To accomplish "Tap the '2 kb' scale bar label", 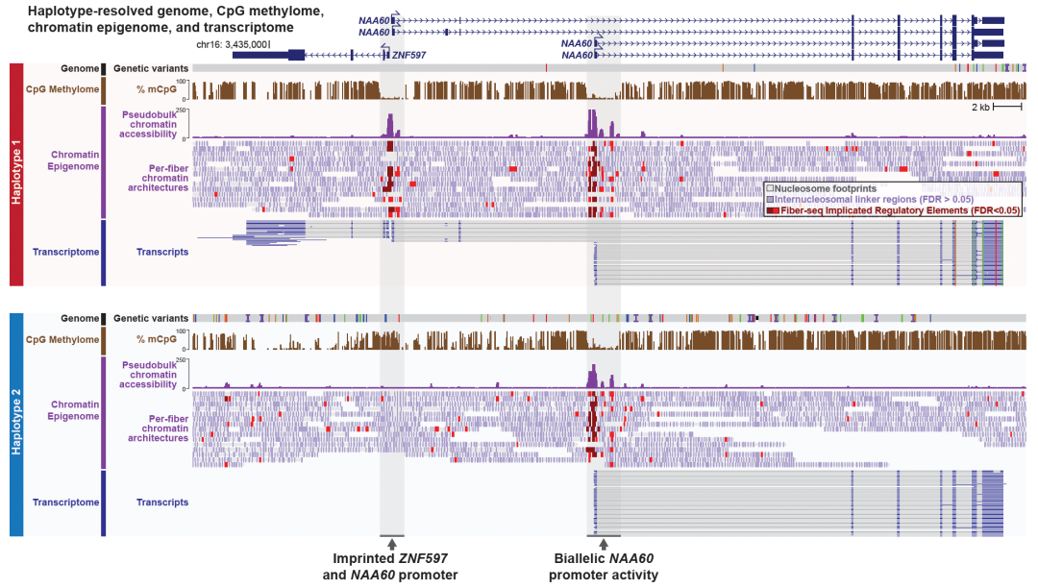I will (x=979, y=107).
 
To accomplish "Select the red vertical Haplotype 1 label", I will (x=15, y=174).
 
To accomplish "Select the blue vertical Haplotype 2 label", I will (x=15, y=424).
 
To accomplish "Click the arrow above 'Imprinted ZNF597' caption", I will (x=391, y=544).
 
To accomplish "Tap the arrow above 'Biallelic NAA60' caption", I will (x=604, y=544).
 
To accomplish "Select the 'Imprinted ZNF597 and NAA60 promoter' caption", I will (x=390, y=567).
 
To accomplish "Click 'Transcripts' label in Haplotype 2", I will (x=162, y=502).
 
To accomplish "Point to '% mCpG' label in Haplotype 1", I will (x=155, y=90).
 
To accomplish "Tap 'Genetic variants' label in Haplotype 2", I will (x=151, y=318).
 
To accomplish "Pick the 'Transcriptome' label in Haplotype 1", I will (x=66, y=252).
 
